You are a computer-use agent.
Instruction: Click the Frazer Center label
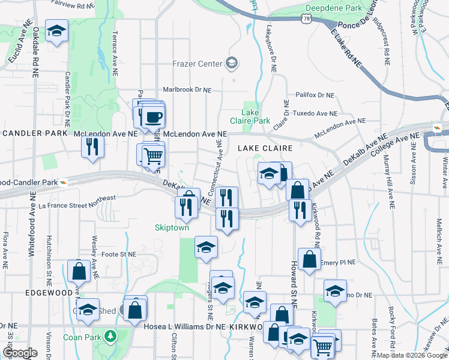click(197, 63)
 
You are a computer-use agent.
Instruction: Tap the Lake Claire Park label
click(256, 116)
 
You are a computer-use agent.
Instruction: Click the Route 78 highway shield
click(307, 19)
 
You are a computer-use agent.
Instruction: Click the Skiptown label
click(172, 228)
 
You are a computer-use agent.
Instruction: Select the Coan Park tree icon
click(110, 337)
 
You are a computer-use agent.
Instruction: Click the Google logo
click(20, 352)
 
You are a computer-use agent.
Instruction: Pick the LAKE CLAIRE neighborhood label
click(265, 148)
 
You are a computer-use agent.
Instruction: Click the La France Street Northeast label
click(76, 201)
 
